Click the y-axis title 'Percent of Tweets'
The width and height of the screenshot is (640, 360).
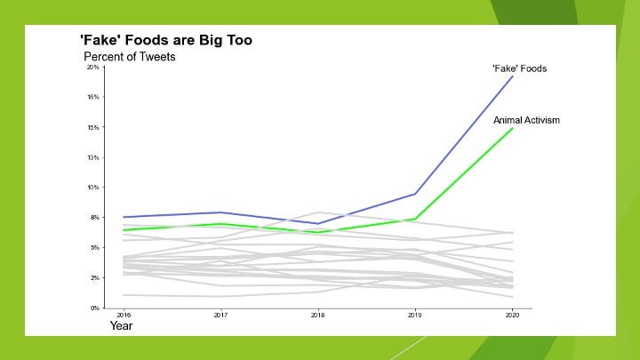[130, 57]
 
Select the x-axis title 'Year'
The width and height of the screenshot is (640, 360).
[121, 325]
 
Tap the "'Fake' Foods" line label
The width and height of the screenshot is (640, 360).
[520, 68]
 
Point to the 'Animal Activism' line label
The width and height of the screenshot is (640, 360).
[526, 120]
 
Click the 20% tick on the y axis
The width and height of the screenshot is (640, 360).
[92, 68]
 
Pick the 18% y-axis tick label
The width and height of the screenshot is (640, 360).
[92, 97]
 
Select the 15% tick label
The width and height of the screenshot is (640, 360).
[92, 127]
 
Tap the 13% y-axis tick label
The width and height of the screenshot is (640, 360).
[92, 157]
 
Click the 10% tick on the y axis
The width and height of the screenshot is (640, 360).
[92, 188]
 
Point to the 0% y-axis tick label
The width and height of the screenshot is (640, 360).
[93, 308]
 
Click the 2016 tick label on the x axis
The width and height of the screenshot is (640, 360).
[123, 315]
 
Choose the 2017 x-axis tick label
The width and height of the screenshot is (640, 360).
[220, 315]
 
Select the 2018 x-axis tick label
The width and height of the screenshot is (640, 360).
[318, 315]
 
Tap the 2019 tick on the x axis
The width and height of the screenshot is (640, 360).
[415, 315]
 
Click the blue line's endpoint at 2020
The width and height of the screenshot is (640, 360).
[513, 76]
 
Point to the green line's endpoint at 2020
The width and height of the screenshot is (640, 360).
[513, 128]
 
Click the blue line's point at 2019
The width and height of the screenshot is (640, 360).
[415, 194]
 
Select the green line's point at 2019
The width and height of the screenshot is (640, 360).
[415, 219]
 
